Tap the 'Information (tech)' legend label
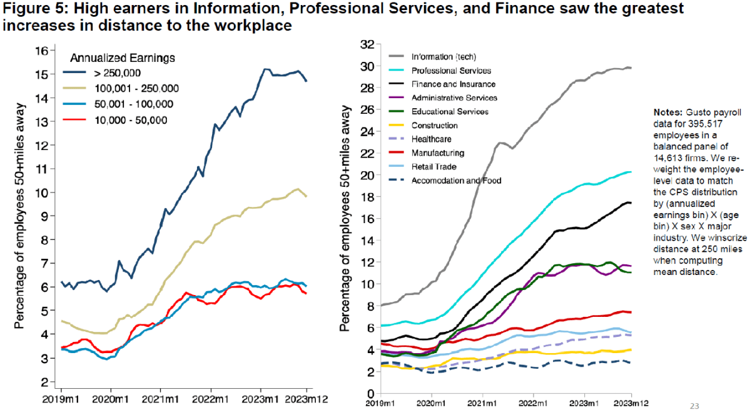point(443,56)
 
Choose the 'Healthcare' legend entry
point(431,139)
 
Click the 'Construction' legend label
point(435,125)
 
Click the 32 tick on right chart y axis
point(368,44)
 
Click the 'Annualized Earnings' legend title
point(122,58)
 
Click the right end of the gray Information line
point(630,67)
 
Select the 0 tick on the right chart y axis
point(371,393)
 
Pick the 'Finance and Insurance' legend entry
point(454,84)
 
